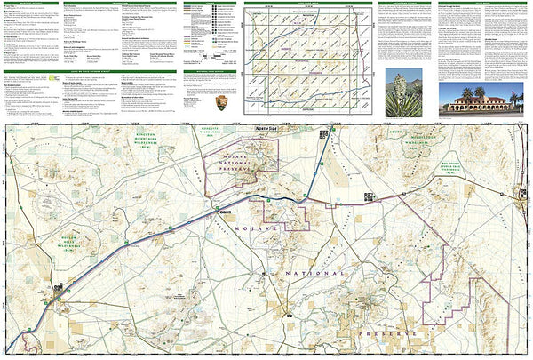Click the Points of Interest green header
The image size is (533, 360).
27,4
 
